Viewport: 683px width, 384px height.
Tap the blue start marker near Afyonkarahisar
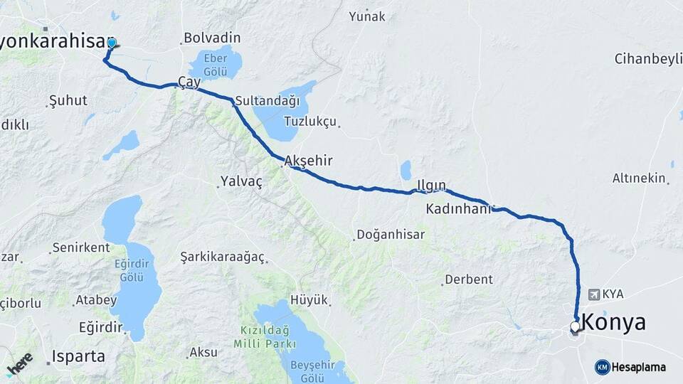click(x=111, y=44)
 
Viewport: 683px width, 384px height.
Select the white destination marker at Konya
click(x=575, y=327)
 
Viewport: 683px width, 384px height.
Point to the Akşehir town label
click(x=308, y=161)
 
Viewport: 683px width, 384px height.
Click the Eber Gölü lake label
click(x=215, y=64)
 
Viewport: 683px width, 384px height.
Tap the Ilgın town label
click(x=431, y=186)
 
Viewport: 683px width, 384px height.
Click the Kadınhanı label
click(x=459, y=209)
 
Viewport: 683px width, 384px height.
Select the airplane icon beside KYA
click(x=594, y=294)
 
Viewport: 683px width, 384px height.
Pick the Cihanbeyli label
click(x=647, y=58)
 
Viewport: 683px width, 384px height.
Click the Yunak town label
click(x=366, y=16)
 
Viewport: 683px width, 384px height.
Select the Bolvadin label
click(x=212, y=38)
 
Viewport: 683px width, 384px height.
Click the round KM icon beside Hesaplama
click(x=602, y=367)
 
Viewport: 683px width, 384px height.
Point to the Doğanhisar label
click(x=391, y=234)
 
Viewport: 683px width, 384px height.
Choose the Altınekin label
click(x=640, y=178)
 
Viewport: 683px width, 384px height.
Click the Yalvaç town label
click(x=241, y=181)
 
